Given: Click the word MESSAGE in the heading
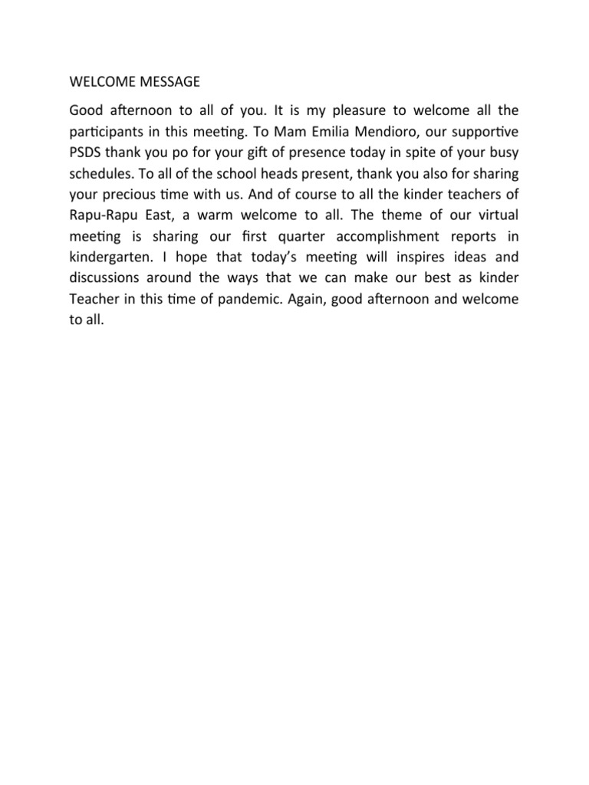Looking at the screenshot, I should (164, 80).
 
